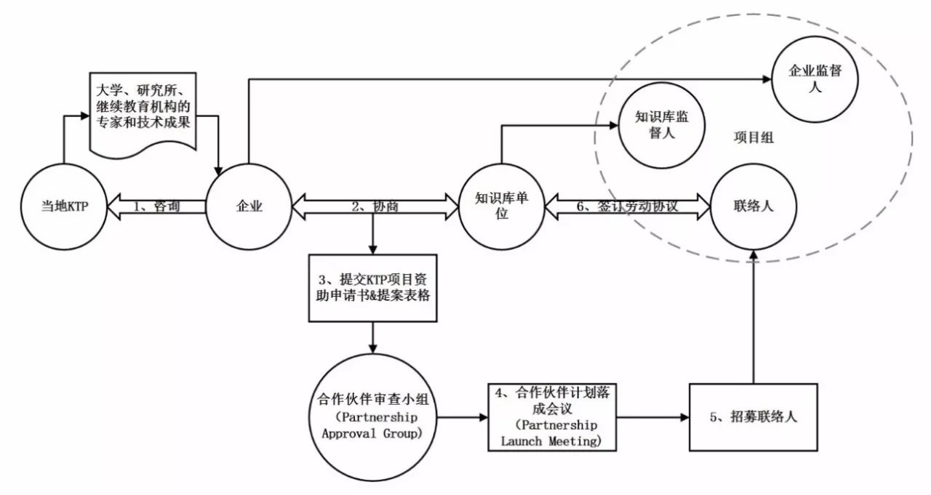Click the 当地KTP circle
[65, 206]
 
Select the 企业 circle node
[249, 206]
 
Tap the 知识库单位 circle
[502, 206]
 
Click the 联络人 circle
[753, 206]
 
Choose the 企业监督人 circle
[815, 79]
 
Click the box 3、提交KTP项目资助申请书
[372, 288]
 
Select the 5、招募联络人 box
[753, 418]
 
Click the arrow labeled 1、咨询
[156, 206]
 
